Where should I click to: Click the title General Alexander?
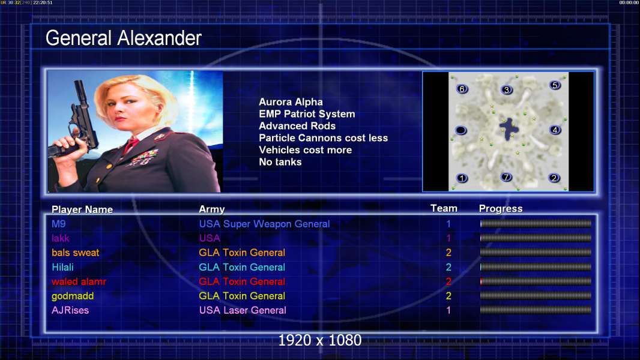[123, 38]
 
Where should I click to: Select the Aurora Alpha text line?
[291, 102]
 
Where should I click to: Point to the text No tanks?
[280, 162]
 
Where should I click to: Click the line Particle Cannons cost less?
[323, 138]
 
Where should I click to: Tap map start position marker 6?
[462, 89]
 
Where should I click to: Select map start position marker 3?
[507, 89]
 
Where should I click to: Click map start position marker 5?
[555, 85]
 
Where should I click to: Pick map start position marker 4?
[555, 130]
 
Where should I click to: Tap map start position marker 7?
[506, 177]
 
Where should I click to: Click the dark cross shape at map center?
[509, 129]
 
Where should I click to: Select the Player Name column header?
[82, 209]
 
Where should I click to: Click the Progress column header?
[500, 209]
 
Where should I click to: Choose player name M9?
[58, 224]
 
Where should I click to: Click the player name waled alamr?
[79, 281]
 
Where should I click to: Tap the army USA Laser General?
[243, 310]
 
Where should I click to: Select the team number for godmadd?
[448, 296]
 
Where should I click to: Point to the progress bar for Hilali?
[536, 267]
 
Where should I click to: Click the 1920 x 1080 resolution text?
[319, 340]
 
